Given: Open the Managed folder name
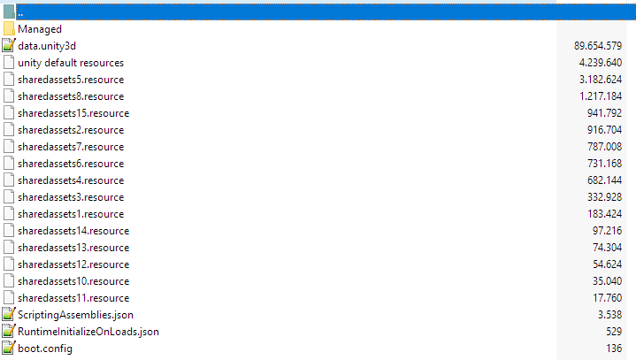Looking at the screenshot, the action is pyautogui.click(x=40, y=29).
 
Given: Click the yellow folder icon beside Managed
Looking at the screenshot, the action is pyautogui.click(x=9, y=29).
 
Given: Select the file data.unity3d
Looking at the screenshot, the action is pyautogui.click(x=47, y=46).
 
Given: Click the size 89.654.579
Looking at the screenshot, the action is pyautogui.click(x=598, y=46).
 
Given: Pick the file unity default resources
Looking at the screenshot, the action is pyautogui.click(x=71, y=63).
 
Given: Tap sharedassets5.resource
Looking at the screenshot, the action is pyautogui.click(x=71, y=80).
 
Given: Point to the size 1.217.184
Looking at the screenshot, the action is pyautogui.click(x=601, y=96).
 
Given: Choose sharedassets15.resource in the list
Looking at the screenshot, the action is pyautogui.click(x=73, y=113).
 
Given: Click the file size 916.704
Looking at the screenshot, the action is pyautogui.click(x=604, y=130).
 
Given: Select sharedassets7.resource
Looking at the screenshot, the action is pyautogui.click(x=71, y=147).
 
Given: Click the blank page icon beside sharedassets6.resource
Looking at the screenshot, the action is pyautogui.click(x=9, y=164).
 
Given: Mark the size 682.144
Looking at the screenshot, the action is pyautogui.click(x=604, y=180).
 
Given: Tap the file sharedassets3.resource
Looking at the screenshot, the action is pyautogui.click(x=71, y=197).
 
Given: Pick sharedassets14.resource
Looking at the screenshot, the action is pyautogui.click(x=73, y=231).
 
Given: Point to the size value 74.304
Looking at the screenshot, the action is pyautogui.click(x=607, y=248).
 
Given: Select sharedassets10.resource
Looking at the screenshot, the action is pyautogui.click(x=73, y=281).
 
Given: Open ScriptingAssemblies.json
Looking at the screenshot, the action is pyautogui.click(x=75, y=315).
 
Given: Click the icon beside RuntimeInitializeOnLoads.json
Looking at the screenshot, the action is pyautogui.click(x=9, y=331).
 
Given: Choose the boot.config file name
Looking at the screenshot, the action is pyautogui.click(x=45, y=349).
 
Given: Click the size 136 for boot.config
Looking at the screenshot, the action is pyautogui.click(x=614, y=349).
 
